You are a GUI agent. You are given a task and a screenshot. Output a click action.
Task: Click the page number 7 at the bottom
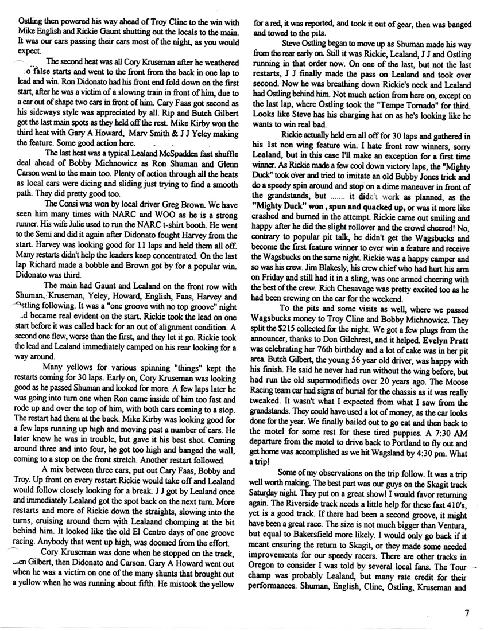tap(468, 613)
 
